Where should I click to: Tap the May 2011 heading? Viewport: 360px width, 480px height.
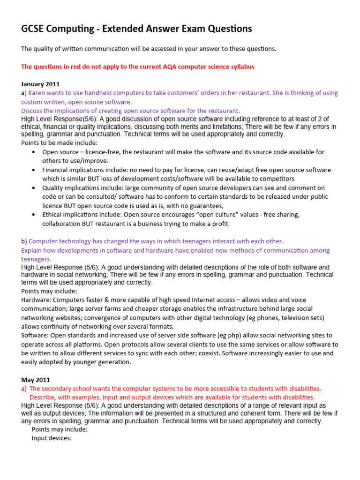click(36, 380)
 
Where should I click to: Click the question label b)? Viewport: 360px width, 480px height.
click(24, 241)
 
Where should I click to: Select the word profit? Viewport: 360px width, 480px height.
click(219, 224)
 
